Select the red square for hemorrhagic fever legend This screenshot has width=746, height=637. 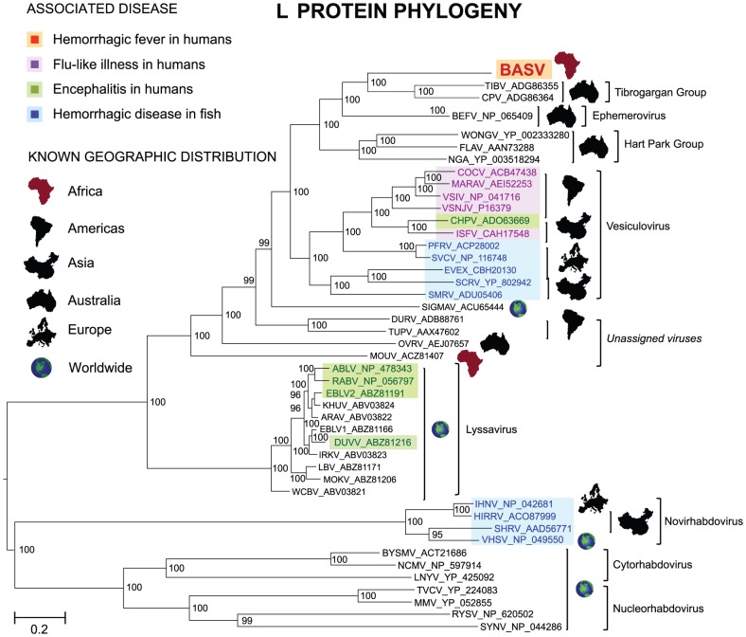pos(32,41)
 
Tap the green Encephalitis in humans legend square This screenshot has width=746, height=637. pos(32,90)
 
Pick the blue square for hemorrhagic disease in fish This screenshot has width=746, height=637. pos(32,115)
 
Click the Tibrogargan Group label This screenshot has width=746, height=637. pos(660,92)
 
